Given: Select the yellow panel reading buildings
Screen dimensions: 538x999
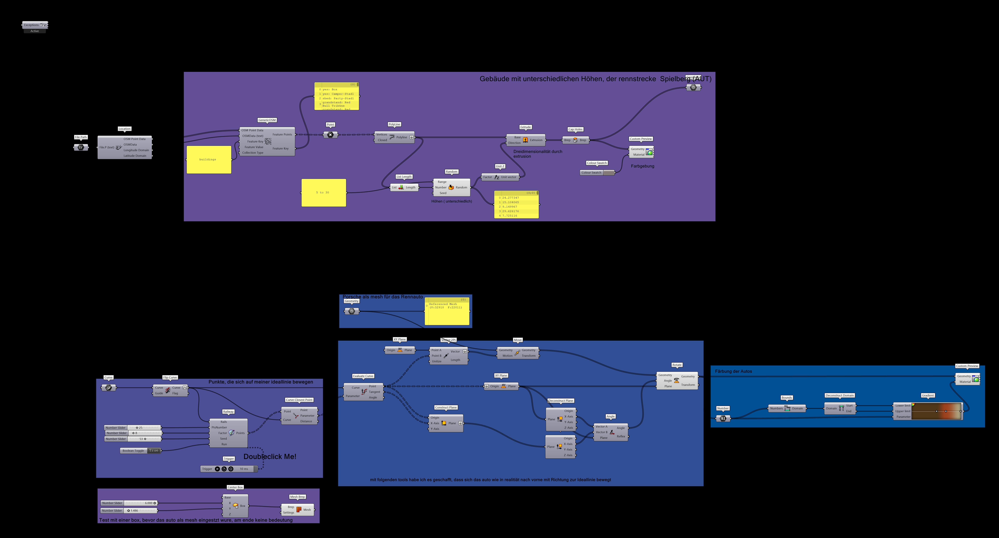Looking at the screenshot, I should pos(209,159).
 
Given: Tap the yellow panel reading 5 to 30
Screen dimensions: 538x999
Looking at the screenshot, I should pos(323,192).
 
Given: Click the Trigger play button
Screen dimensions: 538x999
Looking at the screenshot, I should pos(217,469).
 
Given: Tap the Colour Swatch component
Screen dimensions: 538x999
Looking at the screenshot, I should pos(597,173).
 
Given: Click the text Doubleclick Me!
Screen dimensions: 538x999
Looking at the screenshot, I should pos(270,457).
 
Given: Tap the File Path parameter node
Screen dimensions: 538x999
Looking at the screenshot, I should pos(81,147).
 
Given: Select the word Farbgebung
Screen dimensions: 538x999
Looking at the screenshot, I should pos(642,166).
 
